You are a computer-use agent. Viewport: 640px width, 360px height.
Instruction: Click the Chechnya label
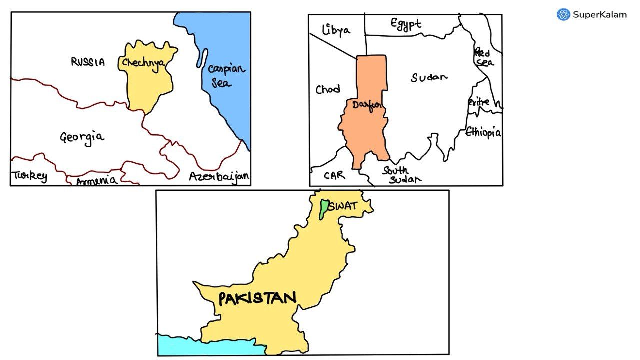pos(144,64)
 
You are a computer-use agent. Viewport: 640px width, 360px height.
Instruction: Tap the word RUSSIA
pos(88,62)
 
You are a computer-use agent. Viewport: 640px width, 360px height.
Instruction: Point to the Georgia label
pos(82,137)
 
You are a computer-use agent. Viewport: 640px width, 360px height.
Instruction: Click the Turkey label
pos(30,176)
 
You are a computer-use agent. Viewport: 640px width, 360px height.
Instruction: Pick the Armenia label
pos(97,180)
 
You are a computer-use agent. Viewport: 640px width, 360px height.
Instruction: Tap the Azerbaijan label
pos(219,177)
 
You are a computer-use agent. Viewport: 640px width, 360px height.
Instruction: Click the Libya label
pos(336,30)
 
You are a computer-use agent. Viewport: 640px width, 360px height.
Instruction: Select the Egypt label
pos(406,24)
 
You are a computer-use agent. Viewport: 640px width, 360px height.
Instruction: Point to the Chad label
pos(328,89)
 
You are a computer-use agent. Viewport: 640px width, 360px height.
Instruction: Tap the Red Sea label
pos(483,57)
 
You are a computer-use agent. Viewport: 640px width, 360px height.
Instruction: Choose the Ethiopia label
pos(483,132)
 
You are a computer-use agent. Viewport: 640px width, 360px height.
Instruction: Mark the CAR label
pos(334,175)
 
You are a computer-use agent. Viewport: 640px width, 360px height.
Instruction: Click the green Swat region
pos(324,209)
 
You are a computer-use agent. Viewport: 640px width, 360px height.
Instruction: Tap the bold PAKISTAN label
pos(257,299)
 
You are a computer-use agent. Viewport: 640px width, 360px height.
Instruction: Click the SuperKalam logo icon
pos(563,14)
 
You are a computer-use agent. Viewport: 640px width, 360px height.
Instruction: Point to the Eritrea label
pos(479,102)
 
